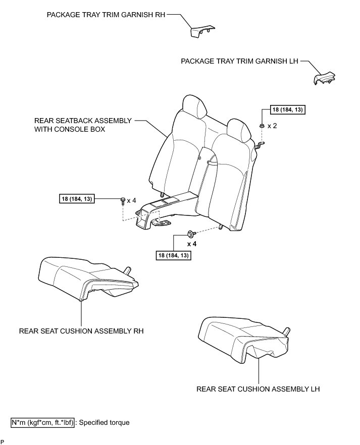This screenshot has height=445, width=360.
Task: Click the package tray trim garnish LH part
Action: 323,78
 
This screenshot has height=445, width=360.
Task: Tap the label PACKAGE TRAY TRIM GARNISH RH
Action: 106,15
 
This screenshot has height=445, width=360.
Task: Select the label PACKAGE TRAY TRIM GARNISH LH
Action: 239,61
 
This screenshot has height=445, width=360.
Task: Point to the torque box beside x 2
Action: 283,109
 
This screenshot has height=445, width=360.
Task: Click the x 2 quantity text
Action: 273,125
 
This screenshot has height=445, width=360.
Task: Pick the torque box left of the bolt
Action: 82,200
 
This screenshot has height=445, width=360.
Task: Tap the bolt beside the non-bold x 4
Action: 123,201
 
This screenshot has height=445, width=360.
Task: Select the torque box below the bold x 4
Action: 174,256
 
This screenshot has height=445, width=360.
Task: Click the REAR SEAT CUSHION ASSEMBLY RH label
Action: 81,331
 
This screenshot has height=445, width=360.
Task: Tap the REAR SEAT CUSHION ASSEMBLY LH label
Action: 258,389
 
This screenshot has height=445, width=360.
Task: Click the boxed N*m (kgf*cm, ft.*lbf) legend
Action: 43,422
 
